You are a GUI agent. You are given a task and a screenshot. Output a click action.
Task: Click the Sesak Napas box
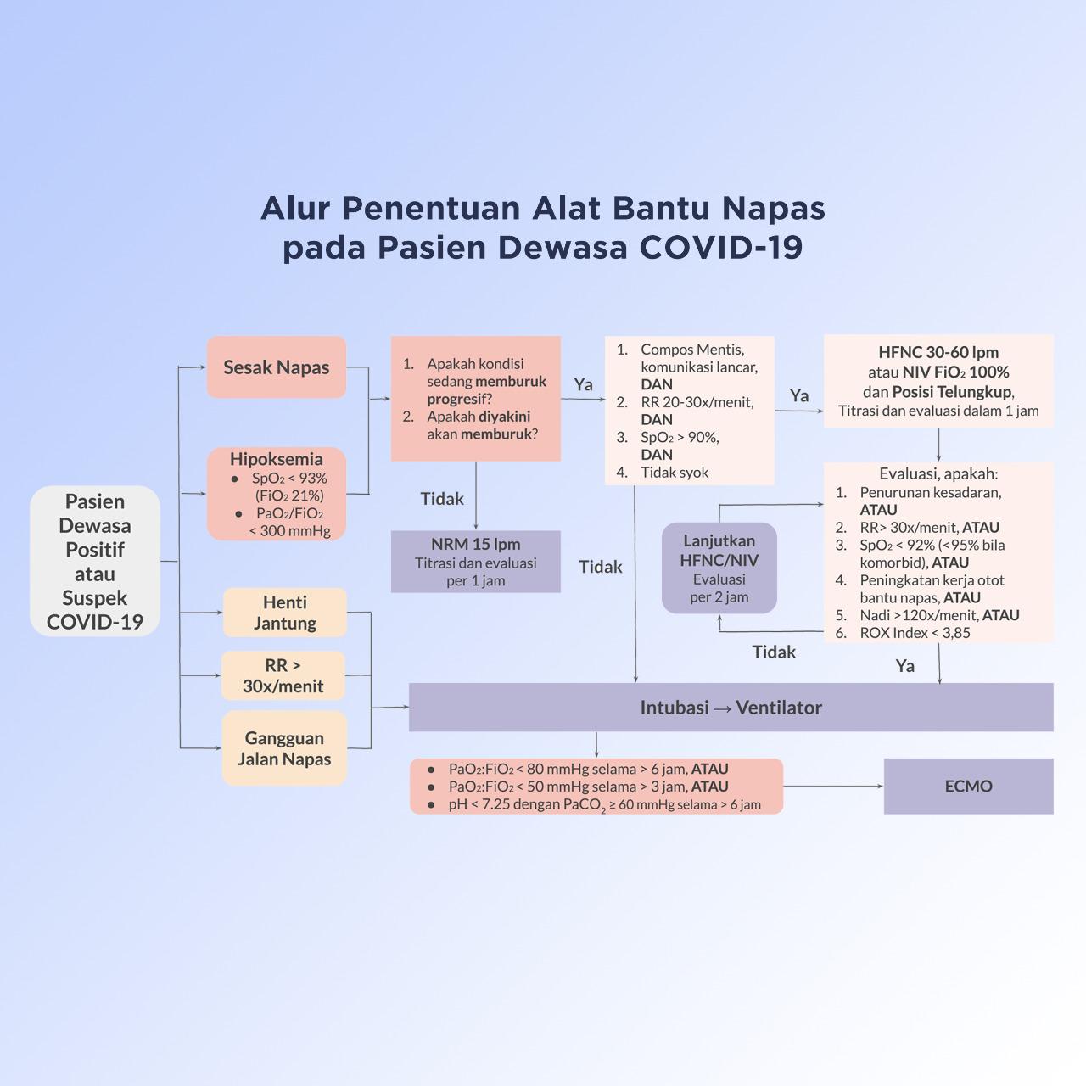coord(277,367)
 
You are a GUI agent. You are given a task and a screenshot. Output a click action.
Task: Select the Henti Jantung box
coord(285,613)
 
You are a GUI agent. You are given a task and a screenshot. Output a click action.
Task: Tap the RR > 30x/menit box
coord(283,675)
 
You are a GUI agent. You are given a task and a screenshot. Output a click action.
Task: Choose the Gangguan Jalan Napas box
coord(284,748)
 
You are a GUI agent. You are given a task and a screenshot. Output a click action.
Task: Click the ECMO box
coord(968,787)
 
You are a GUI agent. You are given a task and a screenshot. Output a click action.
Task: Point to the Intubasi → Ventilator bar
coord(731,708)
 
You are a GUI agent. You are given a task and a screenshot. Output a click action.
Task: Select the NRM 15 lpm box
coord(476,562)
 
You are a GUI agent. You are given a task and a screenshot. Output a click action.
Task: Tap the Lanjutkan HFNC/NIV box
coord(719,568)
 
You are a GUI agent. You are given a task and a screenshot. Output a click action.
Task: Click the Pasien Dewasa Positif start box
coord(95,561)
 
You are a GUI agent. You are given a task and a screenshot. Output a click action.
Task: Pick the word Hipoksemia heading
coord(277,459)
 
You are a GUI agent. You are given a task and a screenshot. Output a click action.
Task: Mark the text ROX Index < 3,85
coord(915,633)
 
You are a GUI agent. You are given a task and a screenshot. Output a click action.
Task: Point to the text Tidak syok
coord(675,473)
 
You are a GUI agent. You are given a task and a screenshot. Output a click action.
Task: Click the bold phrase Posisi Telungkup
coord(952,392)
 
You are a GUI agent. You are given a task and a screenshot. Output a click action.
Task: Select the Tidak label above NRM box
coord(442,499)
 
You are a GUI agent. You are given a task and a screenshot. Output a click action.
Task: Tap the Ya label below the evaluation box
coord(905,666)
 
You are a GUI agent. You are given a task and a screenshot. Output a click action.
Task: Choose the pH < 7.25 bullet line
coord(604,804)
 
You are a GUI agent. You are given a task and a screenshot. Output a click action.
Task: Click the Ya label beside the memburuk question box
coord(583,384)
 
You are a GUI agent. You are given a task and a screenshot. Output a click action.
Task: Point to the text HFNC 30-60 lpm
coord(938,352)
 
